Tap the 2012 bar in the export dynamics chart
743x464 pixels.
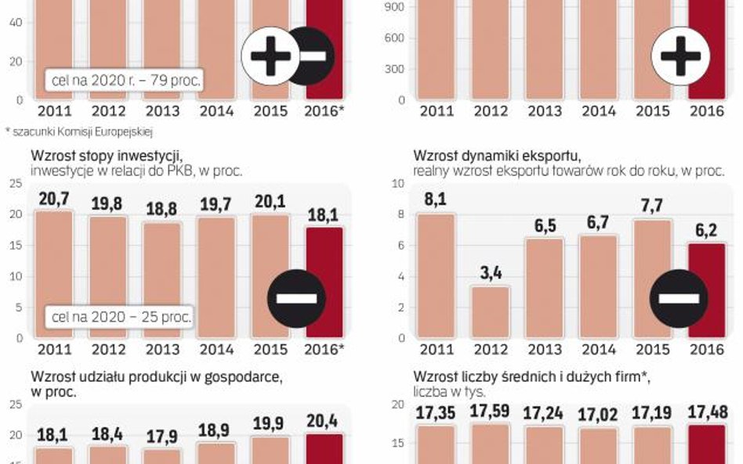coord(491,312)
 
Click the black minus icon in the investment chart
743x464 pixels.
coord(296,298)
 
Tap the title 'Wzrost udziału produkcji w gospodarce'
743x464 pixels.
coord(156,376)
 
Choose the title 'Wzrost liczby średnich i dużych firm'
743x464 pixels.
coord(531,376)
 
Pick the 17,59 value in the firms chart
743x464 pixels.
coord(490,412)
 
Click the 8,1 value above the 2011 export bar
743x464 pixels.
coord(435,200)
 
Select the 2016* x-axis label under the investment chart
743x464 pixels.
coord(324,350)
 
